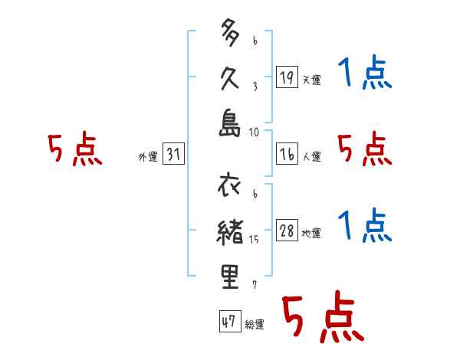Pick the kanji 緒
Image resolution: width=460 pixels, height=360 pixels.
coord(230,233)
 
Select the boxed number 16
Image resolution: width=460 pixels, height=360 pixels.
coord(286,154)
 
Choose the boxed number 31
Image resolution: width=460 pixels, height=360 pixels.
coord(174,155)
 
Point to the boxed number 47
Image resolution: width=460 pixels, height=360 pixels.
coord(228,322)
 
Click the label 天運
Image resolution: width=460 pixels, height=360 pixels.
coord(311,80)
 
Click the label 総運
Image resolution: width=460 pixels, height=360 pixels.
coord(254,325)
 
